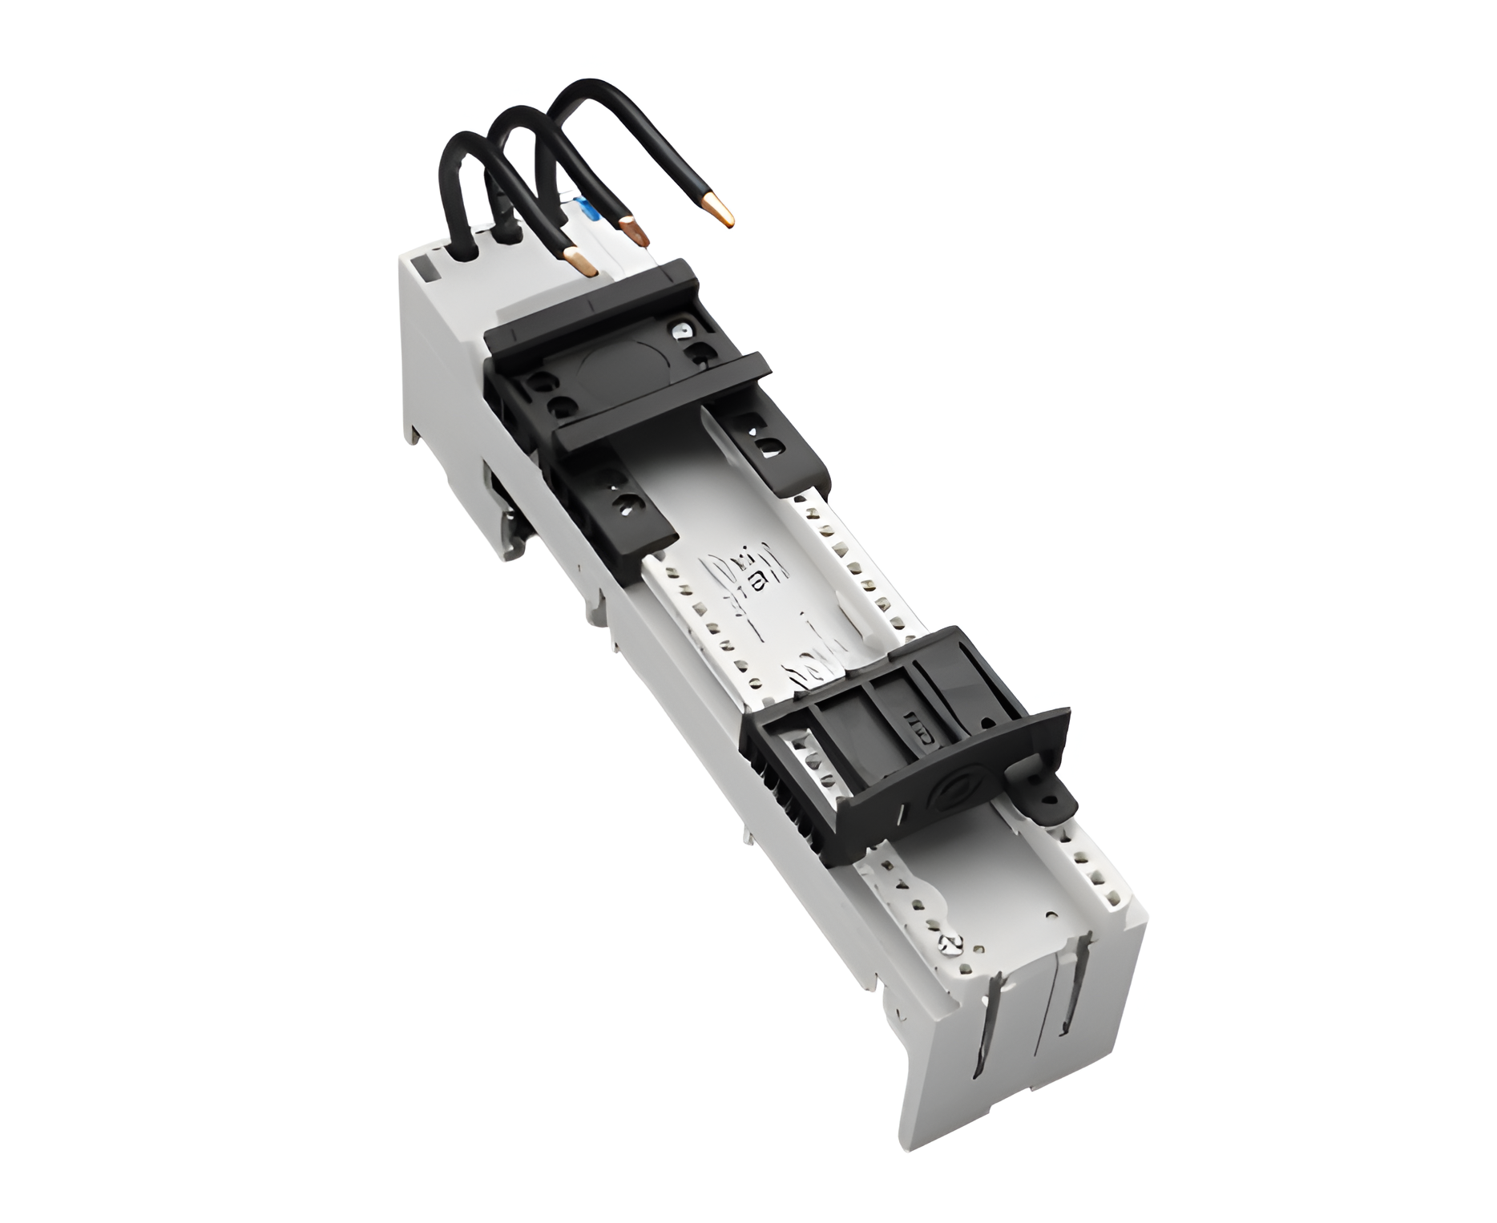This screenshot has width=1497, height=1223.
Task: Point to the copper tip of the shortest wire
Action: click(x=578, y=262)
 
